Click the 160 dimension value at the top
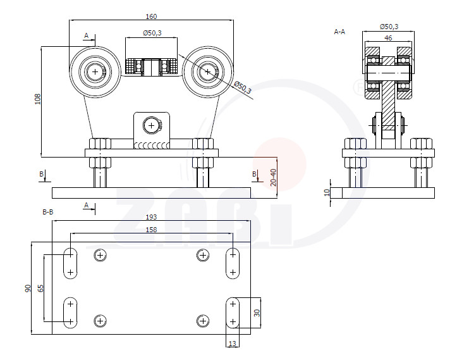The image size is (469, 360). point(151,16)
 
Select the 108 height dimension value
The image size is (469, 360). point(38,99)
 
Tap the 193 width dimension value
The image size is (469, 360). point(151,217)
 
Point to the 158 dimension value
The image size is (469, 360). point(151,230)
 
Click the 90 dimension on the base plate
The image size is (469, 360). point(28,289)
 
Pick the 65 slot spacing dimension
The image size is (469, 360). point(40,288)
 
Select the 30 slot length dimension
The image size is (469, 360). point(257,313)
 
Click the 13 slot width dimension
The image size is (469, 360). point(232,344)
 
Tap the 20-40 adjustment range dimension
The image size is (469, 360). point(273,177)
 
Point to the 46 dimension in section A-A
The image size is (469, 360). point(388,38)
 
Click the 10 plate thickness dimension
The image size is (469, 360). point(327,192)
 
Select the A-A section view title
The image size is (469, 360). point(339,32)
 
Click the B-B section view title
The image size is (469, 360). point(48,212)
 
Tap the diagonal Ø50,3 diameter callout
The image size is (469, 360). point(243,87)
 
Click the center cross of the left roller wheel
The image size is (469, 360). point(95,72)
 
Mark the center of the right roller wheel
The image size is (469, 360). point(207,72)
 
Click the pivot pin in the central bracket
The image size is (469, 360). point(151,125)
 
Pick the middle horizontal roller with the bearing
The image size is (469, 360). point(151,67)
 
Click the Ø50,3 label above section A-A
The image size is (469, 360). point(389,27)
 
